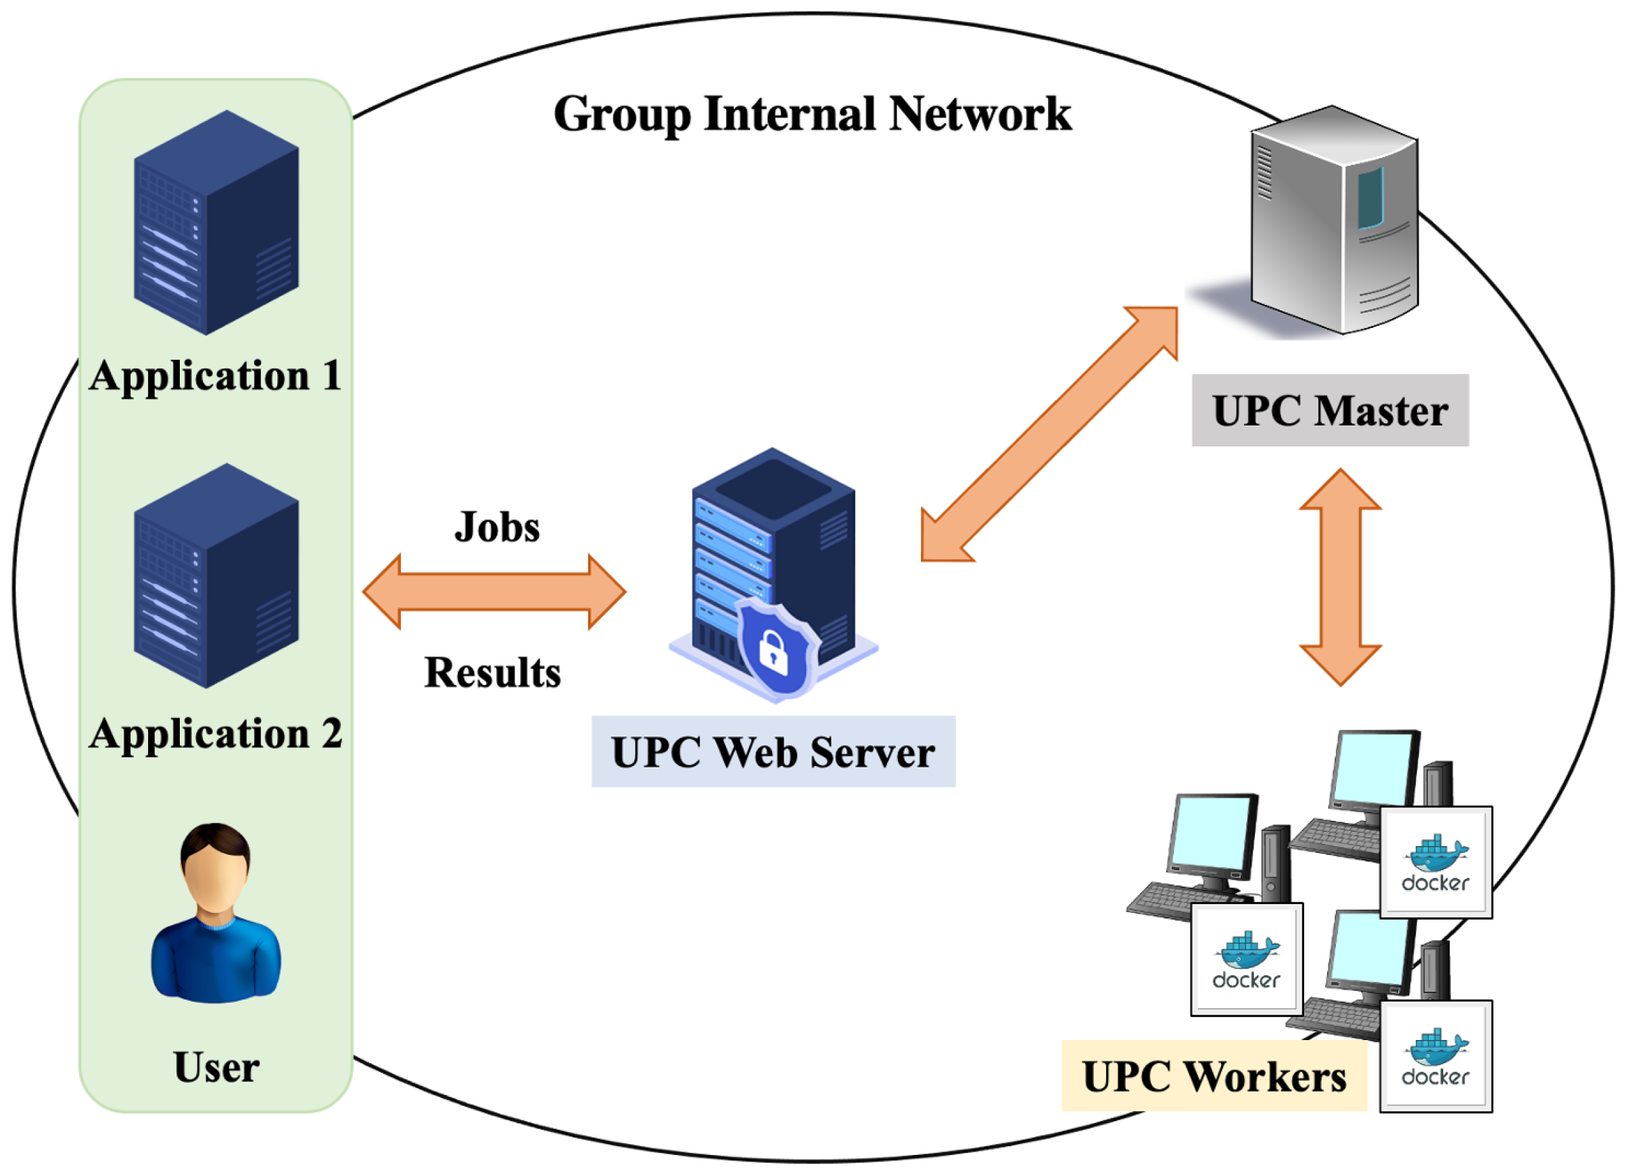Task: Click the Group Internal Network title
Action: point(812,115)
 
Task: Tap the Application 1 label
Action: point(215,376)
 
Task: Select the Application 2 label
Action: point(215,734)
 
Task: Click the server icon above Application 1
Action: point(216,222)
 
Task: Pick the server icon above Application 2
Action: point(216,575)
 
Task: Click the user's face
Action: point(215,878)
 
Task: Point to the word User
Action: point(216,1068)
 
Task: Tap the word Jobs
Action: point(497,527)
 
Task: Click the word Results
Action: point(492,673)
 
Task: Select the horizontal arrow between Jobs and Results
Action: point(494,592)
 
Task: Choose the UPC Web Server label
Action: point(773,752)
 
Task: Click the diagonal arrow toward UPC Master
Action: point(1049,434)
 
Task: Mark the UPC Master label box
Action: point(1330,410)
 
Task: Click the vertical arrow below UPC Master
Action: point(1341,578)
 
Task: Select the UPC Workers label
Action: point(1214,1077)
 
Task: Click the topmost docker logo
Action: point(1436,863)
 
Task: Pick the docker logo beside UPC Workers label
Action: point(1436,1056)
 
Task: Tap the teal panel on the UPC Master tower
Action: point(1370,197)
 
